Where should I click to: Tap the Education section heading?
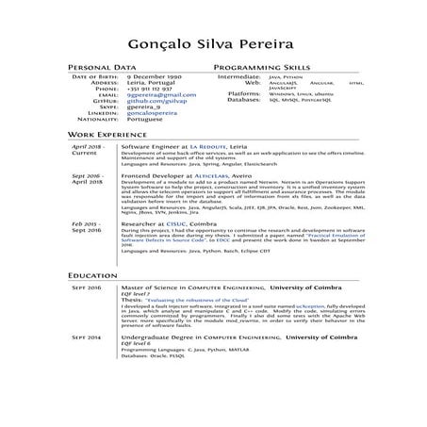point(91,274)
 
